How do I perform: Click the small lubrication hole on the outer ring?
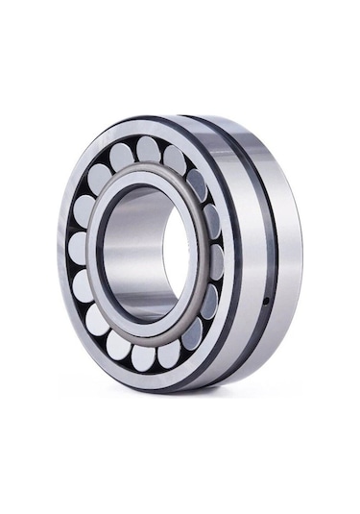click(x=266, y=306)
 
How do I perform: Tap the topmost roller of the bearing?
click(x=147, y=149)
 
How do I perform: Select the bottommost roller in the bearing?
click(x=143, y=356)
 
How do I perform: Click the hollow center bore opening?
click(x=173, y=252)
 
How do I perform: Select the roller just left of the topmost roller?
click(x=121, y=157)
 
